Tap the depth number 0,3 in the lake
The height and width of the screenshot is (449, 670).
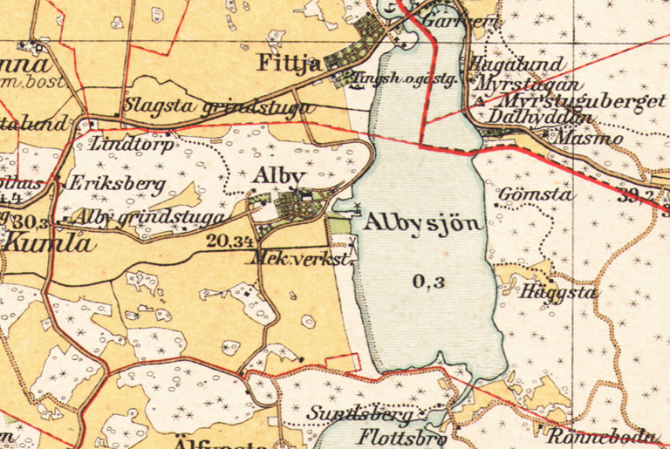[x=427, y=281]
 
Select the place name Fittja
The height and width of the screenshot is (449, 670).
[x=289, y=64]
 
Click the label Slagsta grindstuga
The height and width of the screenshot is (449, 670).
[x=217, y=106]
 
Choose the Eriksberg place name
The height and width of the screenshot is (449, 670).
[x=104, y=184]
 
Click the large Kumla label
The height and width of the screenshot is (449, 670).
[x=48, y=243]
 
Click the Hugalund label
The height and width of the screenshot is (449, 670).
[x=516, y=64]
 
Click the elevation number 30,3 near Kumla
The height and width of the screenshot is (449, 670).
[x=30, y=221]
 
